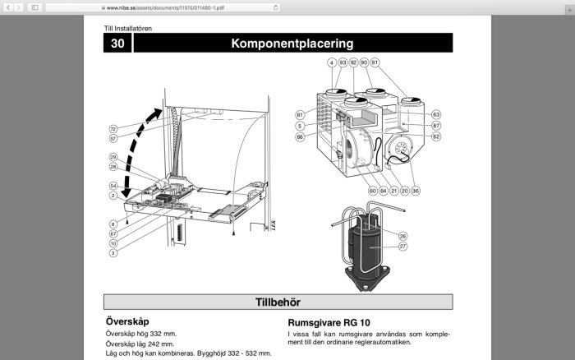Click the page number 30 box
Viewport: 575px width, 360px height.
(117, 44)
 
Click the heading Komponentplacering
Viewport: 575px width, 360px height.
(292, 44)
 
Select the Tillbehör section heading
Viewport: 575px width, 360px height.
(278, 302)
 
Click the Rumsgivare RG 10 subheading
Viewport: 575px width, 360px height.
(329, 322)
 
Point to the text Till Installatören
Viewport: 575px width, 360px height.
(127, 28)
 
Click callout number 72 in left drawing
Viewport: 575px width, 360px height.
(113, 129)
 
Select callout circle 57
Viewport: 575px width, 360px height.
(113, 139)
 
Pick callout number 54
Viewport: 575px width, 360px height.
(113, 187)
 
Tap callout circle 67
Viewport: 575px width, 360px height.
(113, 233)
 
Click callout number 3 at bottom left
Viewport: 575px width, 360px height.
(113, 253)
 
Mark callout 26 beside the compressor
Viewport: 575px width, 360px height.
(403, 236)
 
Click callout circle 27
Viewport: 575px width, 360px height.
(403, 246)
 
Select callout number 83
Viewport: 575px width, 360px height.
(436, 114)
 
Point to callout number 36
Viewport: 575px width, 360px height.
(416, 191)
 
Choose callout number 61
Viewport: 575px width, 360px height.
(300, 114)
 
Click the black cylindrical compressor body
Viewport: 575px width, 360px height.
(367, 247)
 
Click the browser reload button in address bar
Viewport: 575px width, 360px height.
(275, 7)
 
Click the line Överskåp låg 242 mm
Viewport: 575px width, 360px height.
(140, 344)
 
